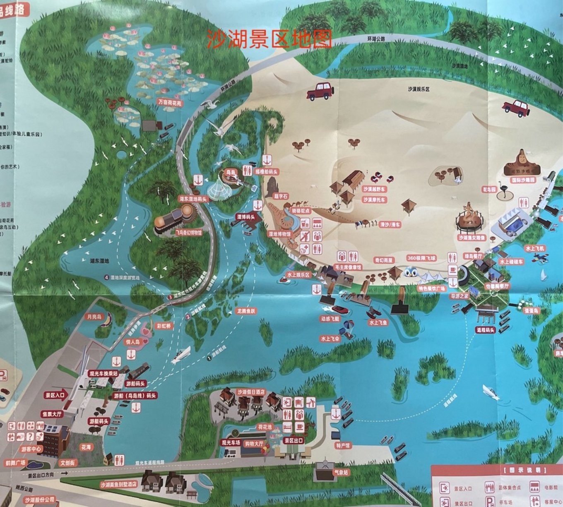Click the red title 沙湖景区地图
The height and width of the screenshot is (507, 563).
coord(269,39)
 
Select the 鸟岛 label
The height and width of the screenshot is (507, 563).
coord(230,171)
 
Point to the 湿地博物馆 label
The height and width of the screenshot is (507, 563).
coord(280,234)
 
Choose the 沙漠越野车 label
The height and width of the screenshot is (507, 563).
coord(374,189)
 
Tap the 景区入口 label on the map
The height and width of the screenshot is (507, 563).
coord(55,395)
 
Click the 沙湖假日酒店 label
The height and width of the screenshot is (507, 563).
coord(251,392)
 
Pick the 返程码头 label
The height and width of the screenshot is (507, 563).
coord(486,330)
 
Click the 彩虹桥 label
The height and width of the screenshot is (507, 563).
coord(164,326)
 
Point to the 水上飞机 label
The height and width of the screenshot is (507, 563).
coord(535,248)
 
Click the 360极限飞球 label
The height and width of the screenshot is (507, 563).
coord(421,258)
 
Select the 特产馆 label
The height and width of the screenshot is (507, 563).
coord(343,446)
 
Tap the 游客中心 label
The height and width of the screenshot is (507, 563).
coord(31,449)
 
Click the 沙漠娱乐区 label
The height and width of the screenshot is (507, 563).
coord(419,89)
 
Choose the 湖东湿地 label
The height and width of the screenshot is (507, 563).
coord(99,261)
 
